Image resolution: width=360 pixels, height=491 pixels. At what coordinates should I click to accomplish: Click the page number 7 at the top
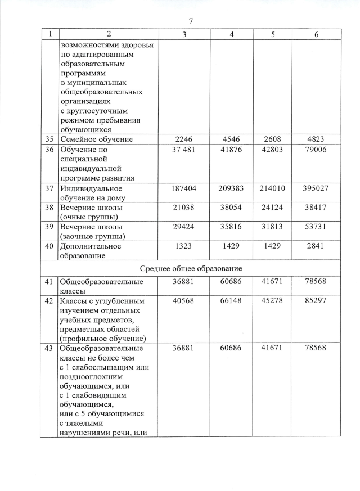point(191,21)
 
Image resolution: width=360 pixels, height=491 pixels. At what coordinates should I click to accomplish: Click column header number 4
point(232,34)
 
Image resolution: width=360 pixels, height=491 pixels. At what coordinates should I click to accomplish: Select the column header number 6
point(316,34)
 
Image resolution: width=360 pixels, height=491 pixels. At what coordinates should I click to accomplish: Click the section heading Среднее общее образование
point(191,268)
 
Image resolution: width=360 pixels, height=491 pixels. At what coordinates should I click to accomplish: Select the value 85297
point(316,299)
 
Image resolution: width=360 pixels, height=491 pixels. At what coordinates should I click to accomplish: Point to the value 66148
point(232,299)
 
